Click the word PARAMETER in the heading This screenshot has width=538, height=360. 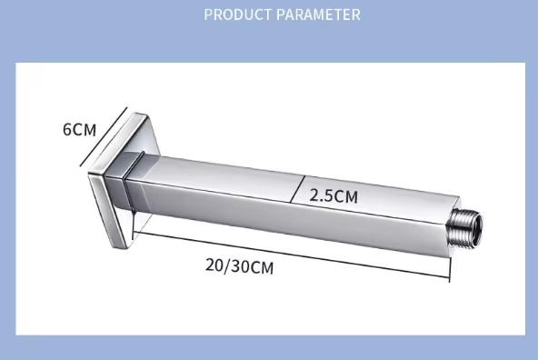click(318, 15)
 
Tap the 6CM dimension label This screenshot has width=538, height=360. click(80, 130)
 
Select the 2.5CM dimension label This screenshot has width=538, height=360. click(334, 196)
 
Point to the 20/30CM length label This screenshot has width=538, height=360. click(240, 266)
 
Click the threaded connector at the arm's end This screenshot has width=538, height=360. click(465, 227)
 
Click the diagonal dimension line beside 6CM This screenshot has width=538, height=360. click(104, 137)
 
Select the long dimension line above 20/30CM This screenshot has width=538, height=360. click(292, 255)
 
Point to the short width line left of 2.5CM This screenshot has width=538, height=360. click(297, 189)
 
